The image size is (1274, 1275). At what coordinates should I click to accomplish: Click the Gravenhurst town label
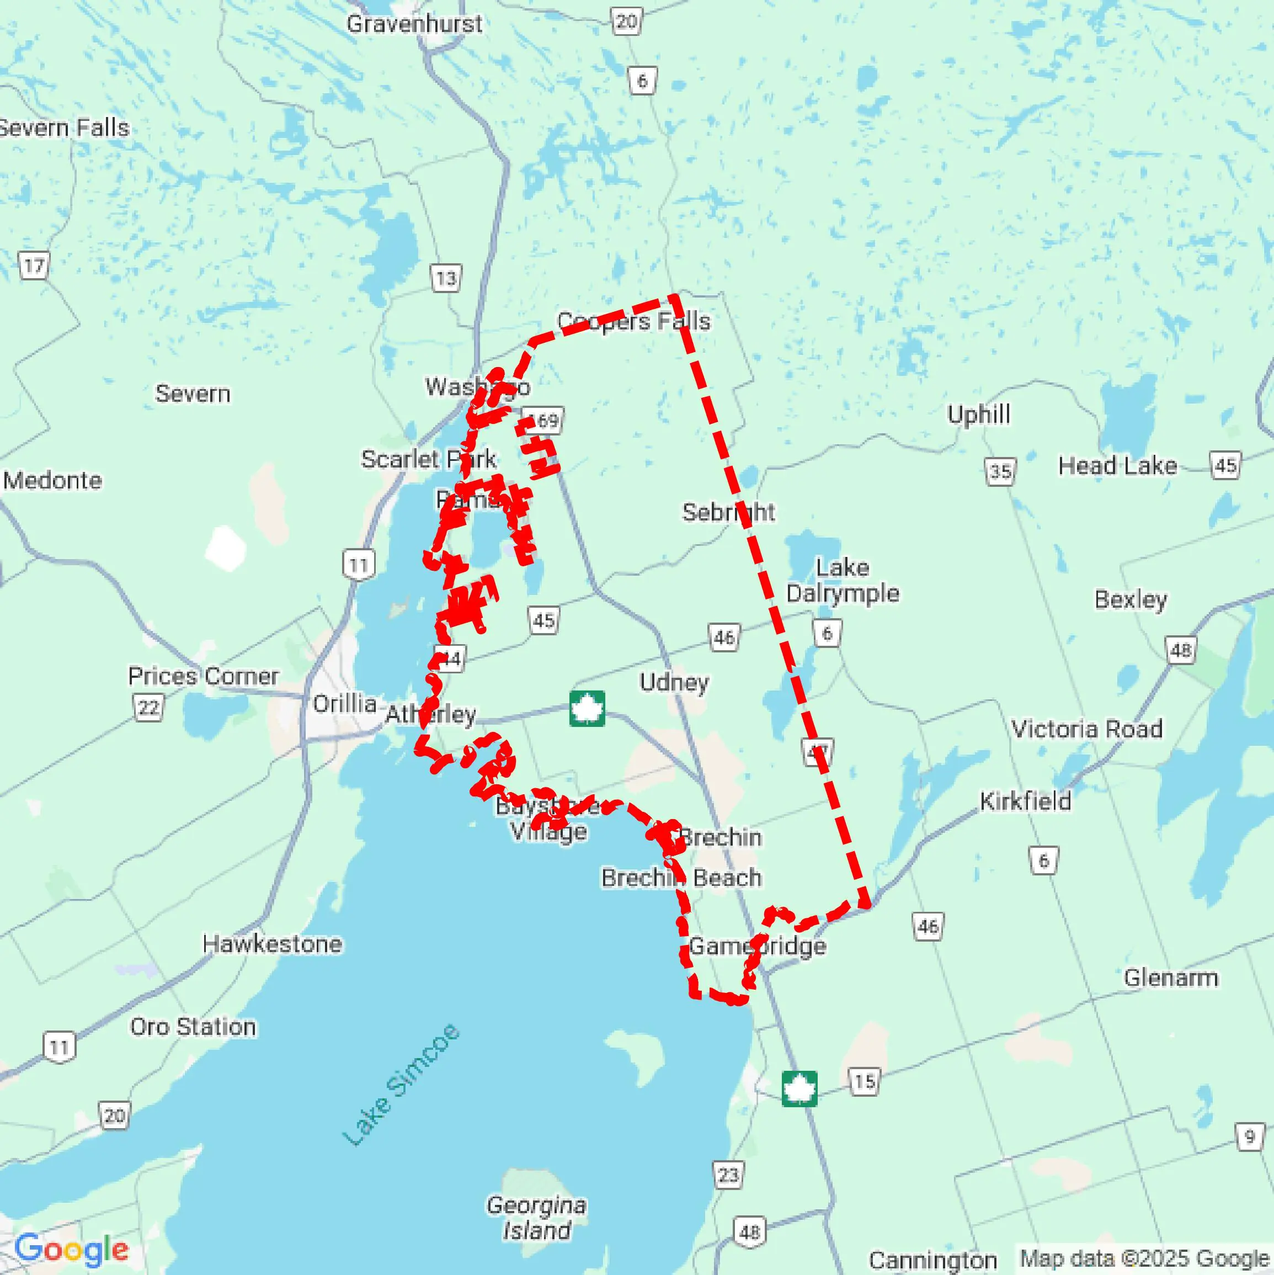tap(414, 24)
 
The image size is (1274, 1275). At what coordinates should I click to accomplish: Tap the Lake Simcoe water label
tap(401, 1084)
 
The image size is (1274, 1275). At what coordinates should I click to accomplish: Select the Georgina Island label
tap(536, 1218)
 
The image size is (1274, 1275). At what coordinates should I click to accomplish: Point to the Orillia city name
tap(344, 704)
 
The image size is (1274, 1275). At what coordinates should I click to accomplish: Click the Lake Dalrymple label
tap(843, 581)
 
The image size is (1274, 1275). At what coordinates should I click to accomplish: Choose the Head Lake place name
tap(1118, 466)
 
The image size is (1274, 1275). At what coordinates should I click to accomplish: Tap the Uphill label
tap(979, 415)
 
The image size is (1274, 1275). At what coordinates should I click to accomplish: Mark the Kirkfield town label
tap(1025, 801)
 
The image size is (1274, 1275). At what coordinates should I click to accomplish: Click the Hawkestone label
tap(273, 944)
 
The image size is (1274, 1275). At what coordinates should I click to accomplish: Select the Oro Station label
tap(193, 1027)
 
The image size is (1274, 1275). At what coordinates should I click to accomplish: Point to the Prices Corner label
tap(203, 676)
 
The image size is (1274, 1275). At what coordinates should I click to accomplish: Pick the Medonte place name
tap(53, 480)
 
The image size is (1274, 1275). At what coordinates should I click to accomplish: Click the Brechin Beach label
tap(681, 878)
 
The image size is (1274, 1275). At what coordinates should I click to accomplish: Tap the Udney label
tap(674, 682)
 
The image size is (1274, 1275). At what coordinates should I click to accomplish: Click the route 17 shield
tap(34, 266)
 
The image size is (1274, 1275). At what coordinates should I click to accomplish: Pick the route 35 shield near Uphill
tap(1001, 471)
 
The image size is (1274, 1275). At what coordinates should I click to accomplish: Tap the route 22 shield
tap(148, 708)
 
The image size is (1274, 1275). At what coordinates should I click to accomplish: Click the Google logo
tap(71, 1249)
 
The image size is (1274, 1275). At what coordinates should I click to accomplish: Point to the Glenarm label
tap(1171, 977)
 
